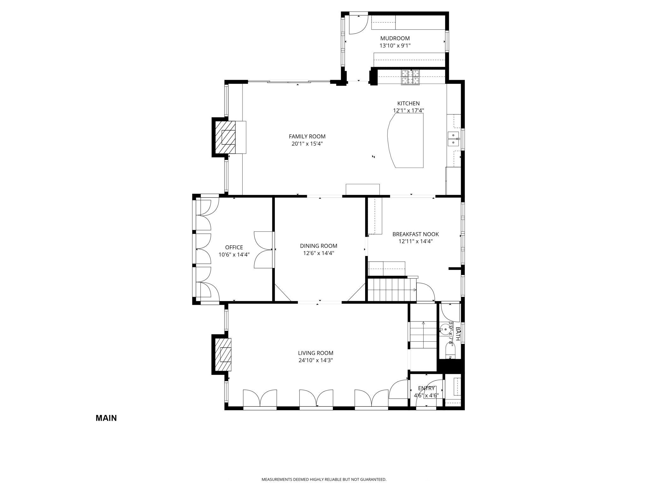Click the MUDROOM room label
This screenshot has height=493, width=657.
tap(395, 39)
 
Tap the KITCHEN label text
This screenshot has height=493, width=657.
tap(408, 103)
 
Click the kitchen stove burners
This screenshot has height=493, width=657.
tap(411, 77)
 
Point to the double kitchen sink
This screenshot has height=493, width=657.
tap(453, 139)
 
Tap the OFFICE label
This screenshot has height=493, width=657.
tap(234, 247)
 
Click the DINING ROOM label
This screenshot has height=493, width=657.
tap(319, 246)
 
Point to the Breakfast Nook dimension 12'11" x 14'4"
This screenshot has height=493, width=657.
tap(416, 241)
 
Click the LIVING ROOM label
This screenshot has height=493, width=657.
tap(316, 353)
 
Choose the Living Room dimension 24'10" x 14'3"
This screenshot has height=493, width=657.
tap(316, 360)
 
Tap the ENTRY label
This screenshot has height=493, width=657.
tap(426, 388)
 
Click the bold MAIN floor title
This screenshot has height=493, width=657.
tap(106, 418)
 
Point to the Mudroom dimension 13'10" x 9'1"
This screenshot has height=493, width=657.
tap(395, 46)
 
